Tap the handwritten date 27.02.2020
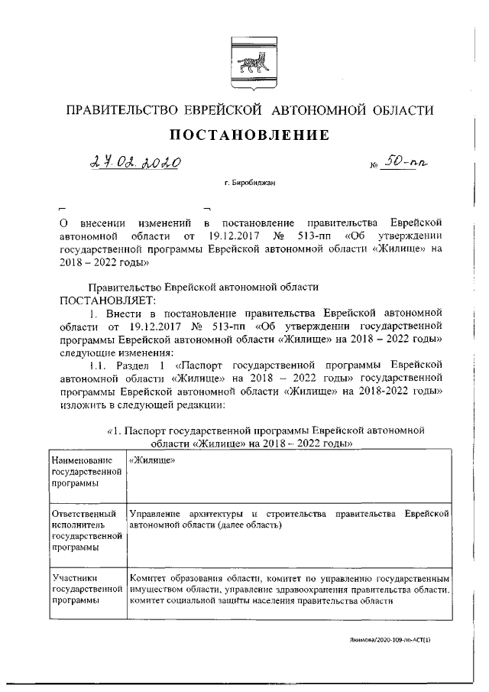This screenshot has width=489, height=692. click(x=134, y=163)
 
